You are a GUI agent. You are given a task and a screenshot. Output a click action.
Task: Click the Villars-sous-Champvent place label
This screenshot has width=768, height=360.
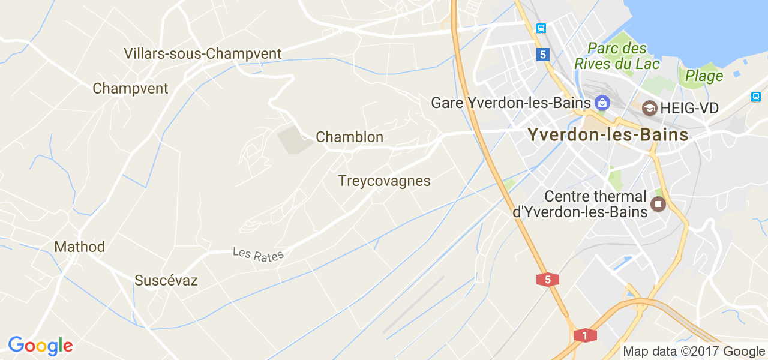pyautogui.click(x=202, y=54)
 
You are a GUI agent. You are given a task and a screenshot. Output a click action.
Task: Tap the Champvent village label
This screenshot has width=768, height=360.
pyautogui.click(x=130, y=89)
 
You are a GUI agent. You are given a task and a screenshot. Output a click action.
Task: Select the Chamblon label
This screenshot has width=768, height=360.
pyautogui.click(x=349, y=137)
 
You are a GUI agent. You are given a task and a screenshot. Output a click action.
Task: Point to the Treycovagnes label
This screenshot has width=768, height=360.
pyautogui.click(x=384, y=181)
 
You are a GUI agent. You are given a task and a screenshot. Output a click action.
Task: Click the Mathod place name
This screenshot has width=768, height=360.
pyautogui.click(x=79, y=247)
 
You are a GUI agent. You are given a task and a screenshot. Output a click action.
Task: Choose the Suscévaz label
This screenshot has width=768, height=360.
pyautogui.click(x=166, y=280)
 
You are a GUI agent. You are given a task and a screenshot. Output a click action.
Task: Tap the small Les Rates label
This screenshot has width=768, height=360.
pyautogui.click(x=258, y=254)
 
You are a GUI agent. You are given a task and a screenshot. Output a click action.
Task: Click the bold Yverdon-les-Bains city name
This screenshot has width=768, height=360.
pyautogui.click(x=608, y=135)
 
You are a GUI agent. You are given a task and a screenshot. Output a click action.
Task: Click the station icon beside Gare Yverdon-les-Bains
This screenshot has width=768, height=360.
pyautogui.click(x=602, y=103)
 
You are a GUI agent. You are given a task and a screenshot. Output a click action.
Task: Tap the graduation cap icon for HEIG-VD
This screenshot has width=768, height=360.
pyautogui.click(x=649, y=109)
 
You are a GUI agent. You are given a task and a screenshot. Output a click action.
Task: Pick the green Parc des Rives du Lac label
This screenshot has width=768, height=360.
pyautogui.click(x=617, y=56)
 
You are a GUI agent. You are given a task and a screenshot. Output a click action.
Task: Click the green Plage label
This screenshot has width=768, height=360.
pyautogui.click(x=704, y=76)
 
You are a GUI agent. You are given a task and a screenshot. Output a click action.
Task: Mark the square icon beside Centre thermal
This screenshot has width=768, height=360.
pyautogui.click(x=659, y=205)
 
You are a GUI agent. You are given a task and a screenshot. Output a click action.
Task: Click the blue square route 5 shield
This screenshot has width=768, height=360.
pyautogui.click(x=542, y=55)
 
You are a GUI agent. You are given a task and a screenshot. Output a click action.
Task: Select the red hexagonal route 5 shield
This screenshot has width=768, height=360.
pyautogui.click(x=548, y=279)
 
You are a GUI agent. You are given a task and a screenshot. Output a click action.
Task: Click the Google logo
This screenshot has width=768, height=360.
pyautogui.click(x=40, y=346)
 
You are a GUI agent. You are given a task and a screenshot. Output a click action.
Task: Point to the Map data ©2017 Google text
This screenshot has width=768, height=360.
pyautogui.click(x=694, y=352)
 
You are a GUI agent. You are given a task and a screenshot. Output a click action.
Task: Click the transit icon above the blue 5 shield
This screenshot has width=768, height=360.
pyautogui.click(x=541, y=28)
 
